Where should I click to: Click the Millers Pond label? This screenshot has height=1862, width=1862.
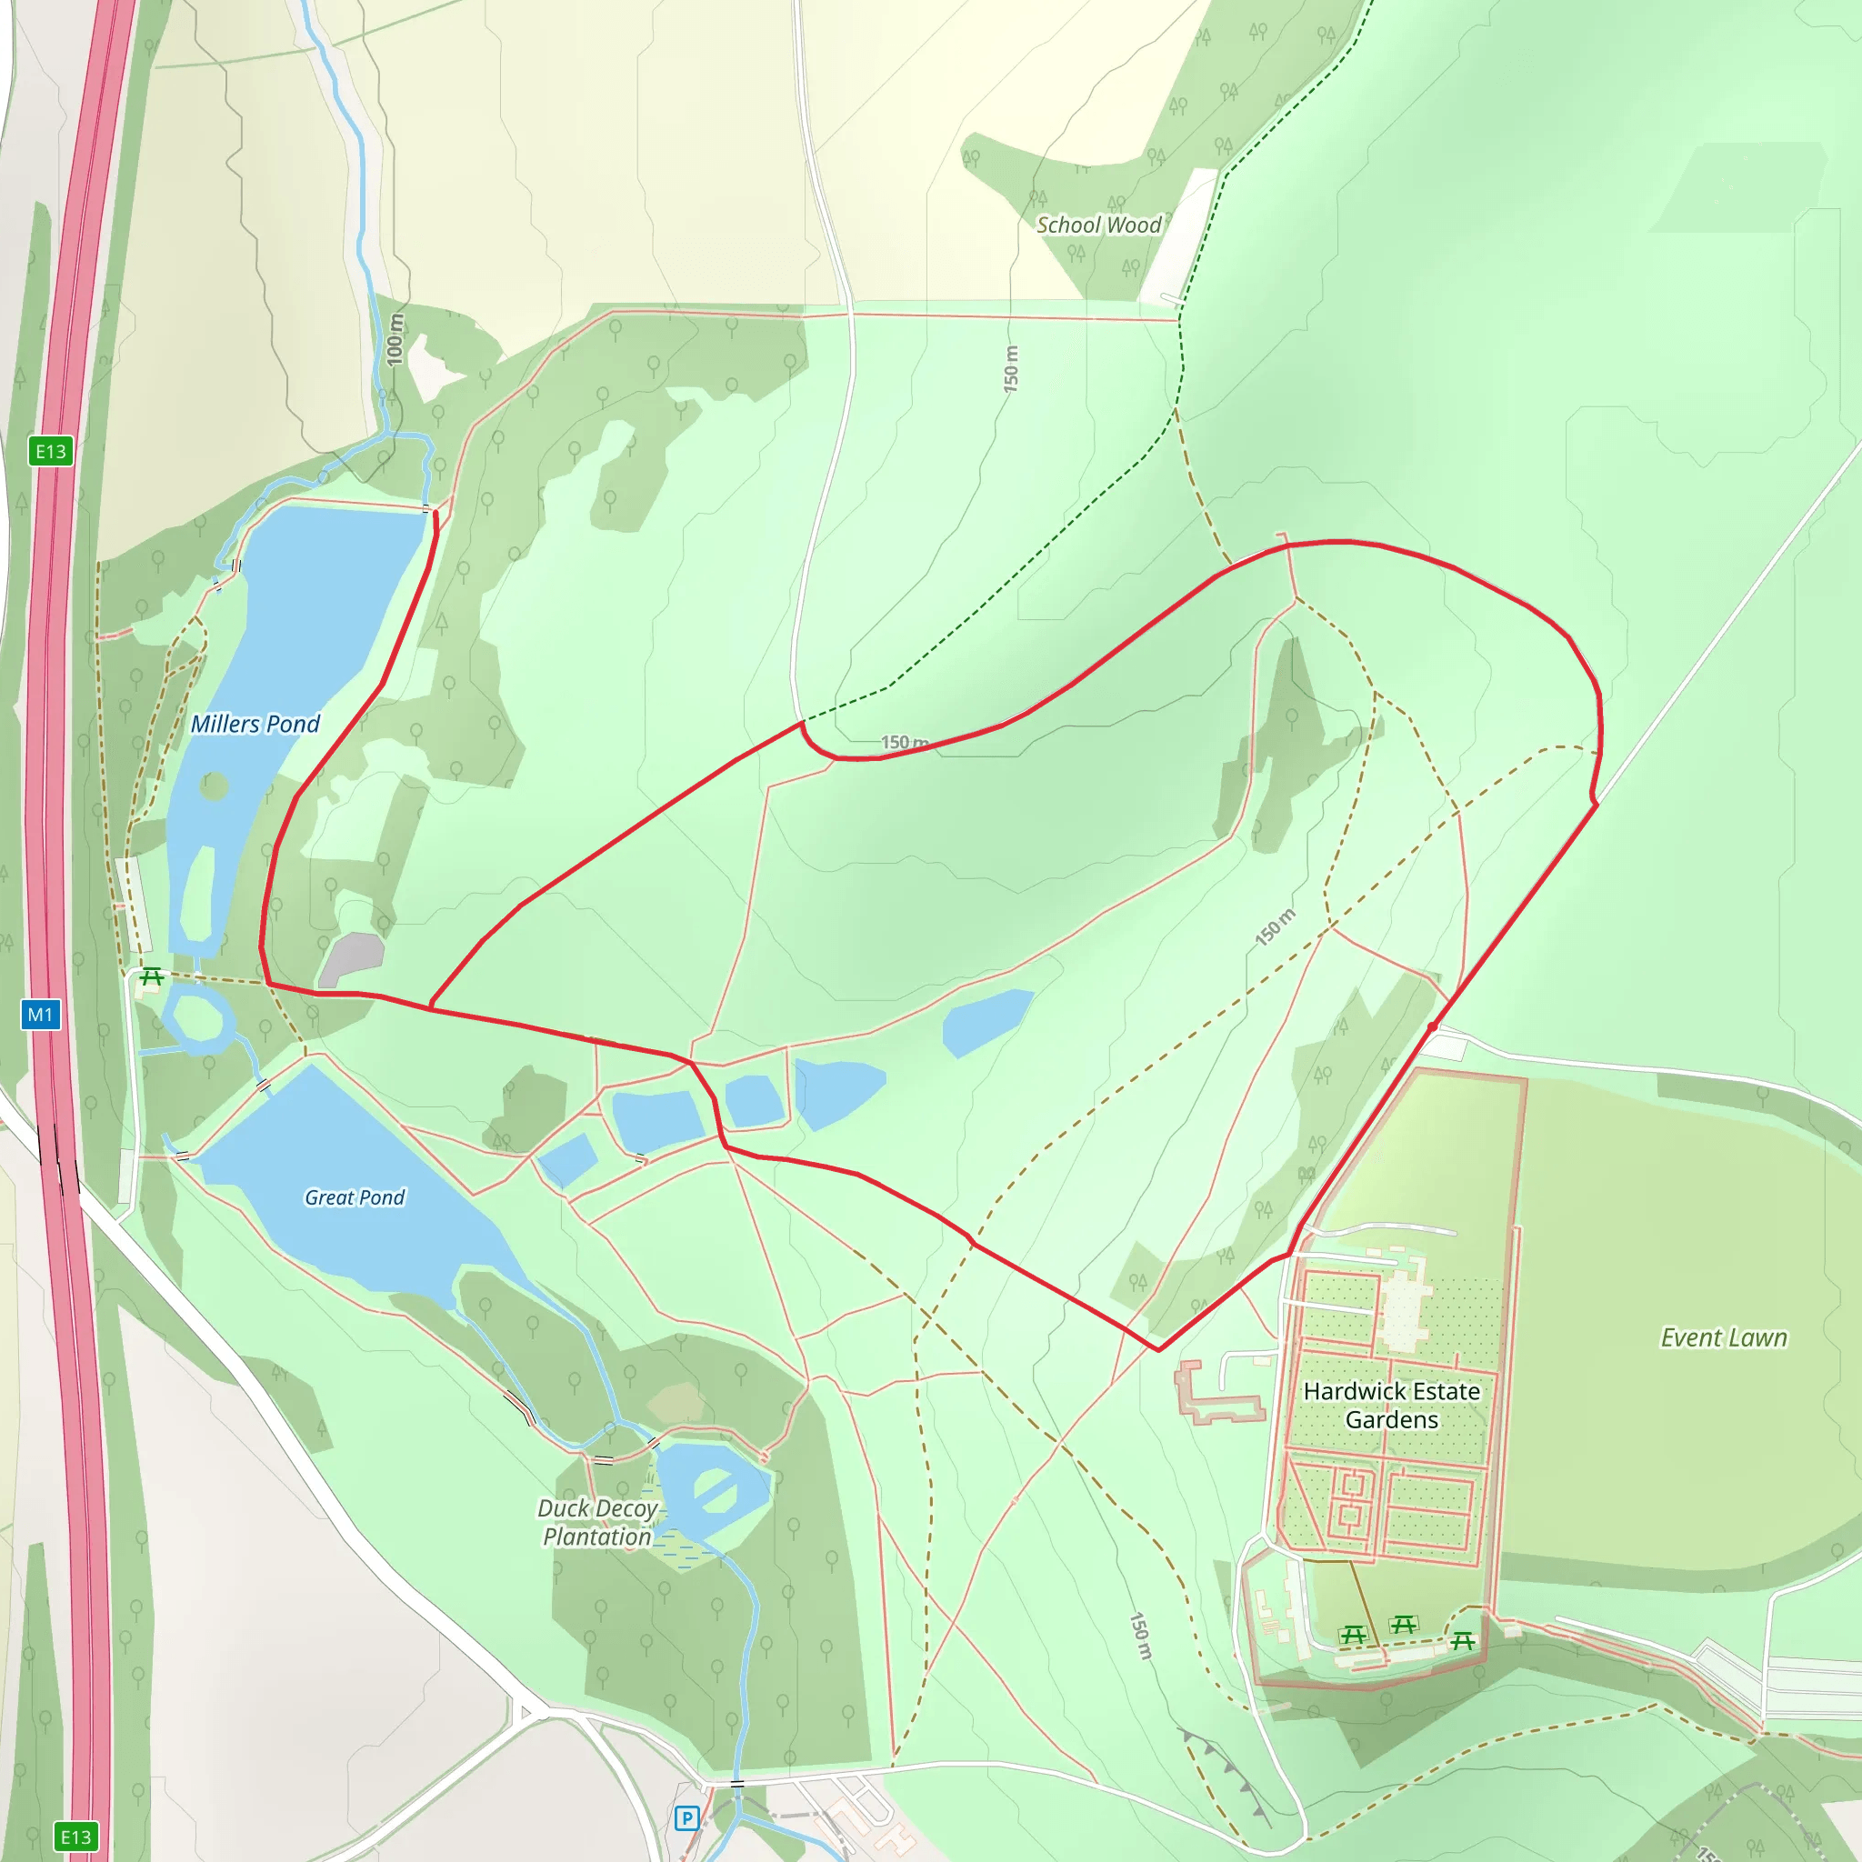[255, 724]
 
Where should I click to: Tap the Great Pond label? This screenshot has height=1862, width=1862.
[355, 1197]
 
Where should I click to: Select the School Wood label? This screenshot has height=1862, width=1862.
[1097, 225]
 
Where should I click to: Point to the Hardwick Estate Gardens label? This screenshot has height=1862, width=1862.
[1391, 1406]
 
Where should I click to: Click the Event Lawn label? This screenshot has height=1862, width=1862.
[1723, 1337]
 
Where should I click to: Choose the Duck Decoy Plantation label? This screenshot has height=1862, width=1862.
[597, 1522]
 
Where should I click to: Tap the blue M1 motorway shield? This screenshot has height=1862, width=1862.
[41, 1014]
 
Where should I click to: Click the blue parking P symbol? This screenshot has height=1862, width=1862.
[686, 1818]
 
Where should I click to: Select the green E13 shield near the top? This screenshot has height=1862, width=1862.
[51, 451]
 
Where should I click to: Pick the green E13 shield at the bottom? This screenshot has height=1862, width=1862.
[76, 1837]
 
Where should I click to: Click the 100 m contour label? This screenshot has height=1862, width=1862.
[395, 338]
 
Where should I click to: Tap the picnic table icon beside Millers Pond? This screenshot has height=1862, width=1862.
[151, 978]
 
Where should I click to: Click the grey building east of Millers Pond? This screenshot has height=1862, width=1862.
[352, 958]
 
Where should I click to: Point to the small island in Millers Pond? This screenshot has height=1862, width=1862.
[214, 786]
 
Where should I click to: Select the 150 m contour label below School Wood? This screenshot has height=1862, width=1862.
[1010, 368]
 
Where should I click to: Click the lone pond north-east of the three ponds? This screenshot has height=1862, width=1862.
[986, 1021]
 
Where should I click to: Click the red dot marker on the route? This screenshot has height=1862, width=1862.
[1433, 1026]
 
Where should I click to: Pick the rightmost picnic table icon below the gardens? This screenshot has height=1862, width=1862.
[1462, 1639]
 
